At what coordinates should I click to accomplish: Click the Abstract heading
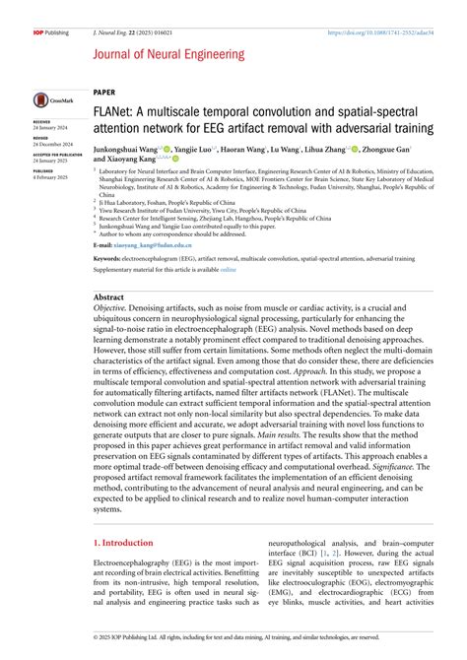pyautogui.click(x=108, y=297)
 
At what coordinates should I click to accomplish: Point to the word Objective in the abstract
pyautogui.click(x=110, y=309)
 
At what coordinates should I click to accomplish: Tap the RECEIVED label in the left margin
pyautogui.click(x=42, y=122)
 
